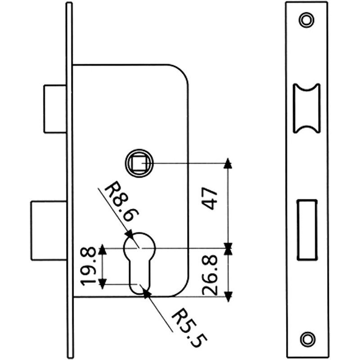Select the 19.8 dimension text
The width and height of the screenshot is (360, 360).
click(88, 266)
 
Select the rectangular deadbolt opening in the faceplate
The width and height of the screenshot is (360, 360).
click(307, 229)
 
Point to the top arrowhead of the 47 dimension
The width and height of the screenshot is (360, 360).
click(228, 163)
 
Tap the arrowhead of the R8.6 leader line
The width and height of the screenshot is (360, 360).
click(130, 234)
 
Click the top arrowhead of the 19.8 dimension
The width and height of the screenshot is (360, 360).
click(103, 249)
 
